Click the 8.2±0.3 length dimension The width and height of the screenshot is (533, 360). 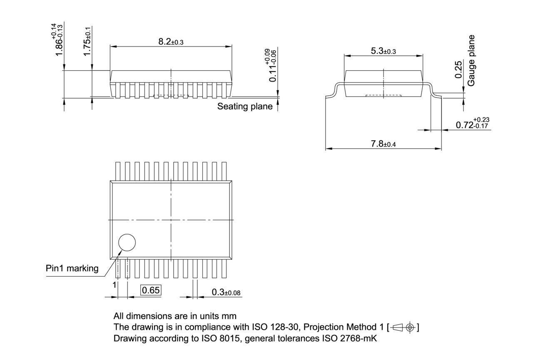[x=171, y=42]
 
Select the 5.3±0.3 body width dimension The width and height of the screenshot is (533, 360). [x=383, y=51]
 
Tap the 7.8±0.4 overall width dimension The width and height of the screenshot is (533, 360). [x=383, y=144]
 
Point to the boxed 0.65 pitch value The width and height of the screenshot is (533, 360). [x=151, y=290]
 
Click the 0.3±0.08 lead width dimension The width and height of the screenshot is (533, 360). [x=226, y=292]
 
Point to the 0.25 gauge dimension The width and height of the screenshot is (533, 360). [x=458, y=70]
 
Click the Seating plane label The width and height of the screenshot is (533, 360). [x=245, y=107]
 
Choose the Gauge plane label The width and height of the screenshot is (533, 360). [x=471, y=60]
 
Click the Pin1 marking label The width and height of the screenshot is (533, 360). [x=72, y=268]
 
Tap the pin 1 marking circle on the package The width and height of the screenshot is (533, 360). [x=127, y=243]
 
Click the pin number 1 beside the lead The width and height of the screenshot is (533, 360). [x=113, y=285]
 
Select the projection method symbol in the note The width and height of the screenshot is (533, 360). [x=403, y=327]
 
